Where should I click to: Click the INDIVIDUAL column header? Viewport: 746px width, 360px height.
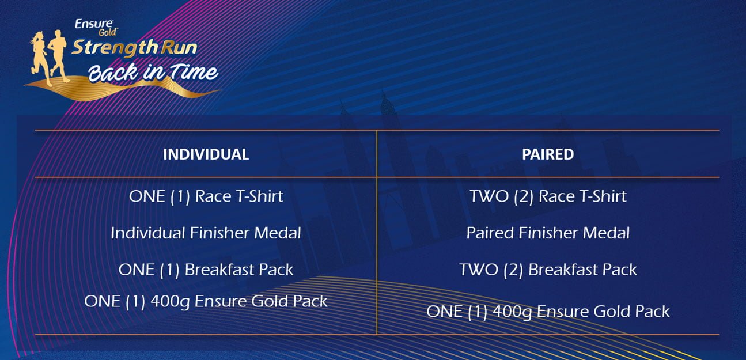[x=206, y=154]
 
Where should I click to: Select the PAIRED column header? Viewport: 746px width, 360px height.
[x=548, y=154]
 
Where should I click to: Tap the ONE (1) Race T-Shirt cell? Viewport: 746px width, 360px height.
[x=206, y=196]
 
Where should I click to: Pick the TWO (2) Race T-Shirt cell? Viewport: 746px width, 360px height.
[x=548, y=196]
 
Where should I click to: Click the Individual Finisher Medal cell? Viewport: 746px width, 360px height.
[x=206, y=233]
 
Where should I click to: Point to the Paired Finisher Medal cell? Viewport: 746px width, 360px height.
[x=548, y=233]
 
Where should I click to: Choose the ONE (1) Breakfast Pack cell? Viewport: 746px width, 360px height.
[x=206, y=270]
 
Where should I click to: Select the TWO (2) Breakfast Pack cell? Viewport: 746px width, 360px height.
[x=548, y=270]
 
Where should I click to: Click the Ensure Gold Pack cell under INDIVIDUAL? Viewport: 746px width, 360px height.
[x=206, y=302]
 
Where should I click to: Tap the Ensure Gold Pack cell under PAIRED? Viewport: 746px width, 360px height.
[x=548, y=312]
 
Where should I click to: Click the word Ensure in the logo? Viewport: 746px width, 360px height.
[x=94, y=24]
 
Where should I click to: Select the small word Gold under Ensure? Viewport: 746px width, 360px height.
[x=108, y=32]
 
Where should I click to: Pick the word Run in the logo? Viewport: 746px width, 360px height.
[x=179, y=48]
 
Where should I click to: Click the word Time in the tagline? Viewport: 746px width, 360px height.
[x=194, y=71]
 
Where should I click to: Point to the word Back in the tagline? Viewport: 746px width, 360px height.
[x=113, y=72]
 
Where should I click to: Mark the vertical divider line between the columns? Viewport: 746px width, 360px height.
[x=377, y=233]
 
